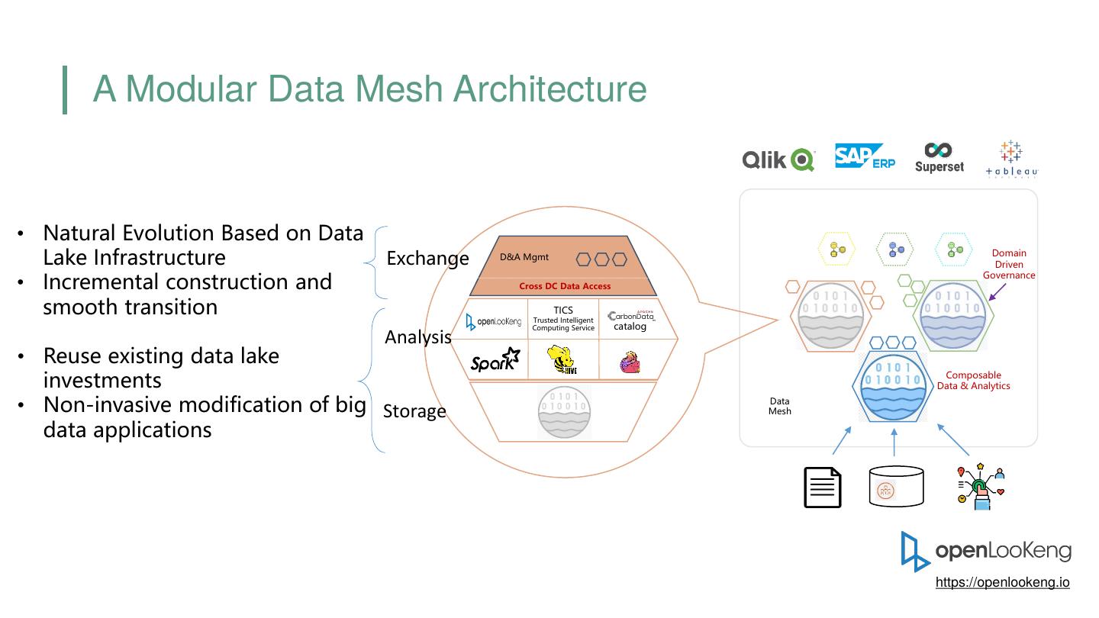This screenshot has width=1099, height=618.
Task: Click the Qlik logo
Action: click(778, 159)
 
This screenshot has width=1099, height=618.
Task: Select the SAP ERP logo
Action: click(865, 156)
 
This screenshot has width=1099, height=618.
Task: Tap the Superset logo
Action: click(939, 157)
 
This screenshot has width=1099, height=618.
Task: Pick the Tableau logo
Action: click(1011, 159)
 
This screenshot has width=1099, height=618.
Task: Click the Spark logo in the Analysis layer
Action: click(495, 360)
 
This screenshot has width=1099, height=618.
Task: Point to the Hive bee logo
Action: click(562, 360)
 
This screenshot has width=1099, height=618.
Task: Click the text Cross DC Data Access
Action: click(565, 286)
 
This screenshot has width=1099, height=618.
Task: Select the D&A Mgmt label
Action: click(524, 257)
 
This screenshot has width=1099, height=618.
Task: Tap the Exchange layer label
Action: click(427, 259)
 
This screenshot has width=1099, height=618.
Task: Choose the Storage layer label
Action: click(414, 411)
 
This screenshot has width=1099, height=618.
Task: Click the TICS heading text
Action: click(563, 310)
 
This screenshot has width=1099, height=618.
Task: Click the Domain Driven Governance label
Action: click(1009, 264)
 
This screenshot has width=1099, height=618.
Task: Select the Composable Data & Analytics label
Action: click(973, 380)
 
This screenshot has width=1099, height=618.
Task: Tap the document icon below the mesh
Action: click(823, 488)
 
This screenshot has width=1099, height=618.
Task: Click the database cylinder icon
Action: click(896, 487)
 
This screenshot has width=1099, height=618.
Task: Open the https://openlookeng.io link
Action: click(1002, 582)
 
